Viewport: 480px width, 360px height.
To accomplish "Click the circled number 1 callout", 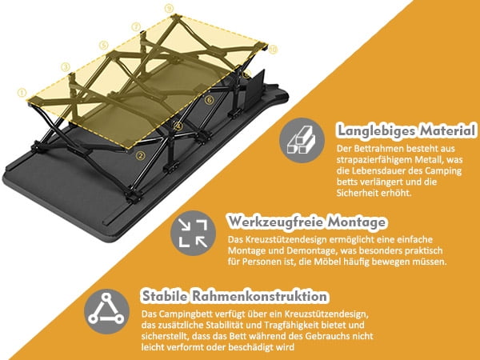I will [22, 91].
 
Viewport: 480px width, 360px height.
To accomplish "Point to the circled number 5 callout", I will [103, 46].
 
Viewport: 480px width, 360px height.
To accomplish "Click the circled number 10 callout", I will [273, 50].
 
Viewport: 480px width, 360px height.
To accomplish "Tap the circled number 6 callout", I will [209, 100].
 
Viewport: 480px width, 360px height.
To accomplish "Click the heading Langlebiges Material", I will [406, 130].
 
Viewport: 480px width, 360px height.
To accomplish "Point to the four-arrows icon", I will [191, 232].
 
